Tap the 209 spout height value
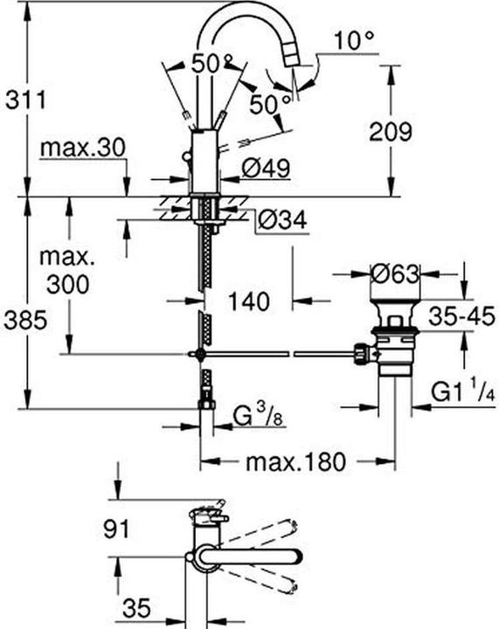tap(388, 132)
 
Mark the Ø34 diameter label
tap(281, 223)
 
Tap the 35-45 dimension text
tap(461, 314)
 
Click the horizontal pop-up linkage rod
tap(280, 354)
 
